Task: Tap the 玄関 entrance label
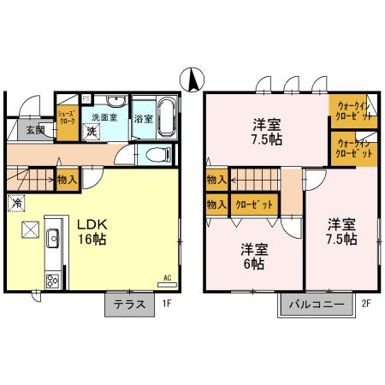pyautogui.click(x=34, y=130)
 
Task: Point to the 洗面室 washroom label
pyautogui.click(x=104, y=117)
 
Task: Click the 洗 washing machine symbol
pyautogui.click(x=92, y=131)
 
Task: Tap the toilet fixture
pyautogui.click(x=157, y=155)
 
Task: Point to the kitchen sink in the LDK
pyautogui.click(x=53, y=240)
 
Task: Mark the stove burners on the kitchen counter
pyautogui.click(x=53, y=278)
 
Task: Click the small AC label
pyautogui.click(x=168, y=277)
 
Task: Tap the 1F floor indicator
pyautogui.click(x=168, y=303)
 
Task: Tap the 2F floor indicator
pyautogui.click(x=364, y=303)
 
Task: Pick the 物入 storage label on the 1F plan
pyautogui.click(x=67, y=180)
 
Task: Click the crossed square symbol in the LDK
pyautogui.click(x=30, y=230)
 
